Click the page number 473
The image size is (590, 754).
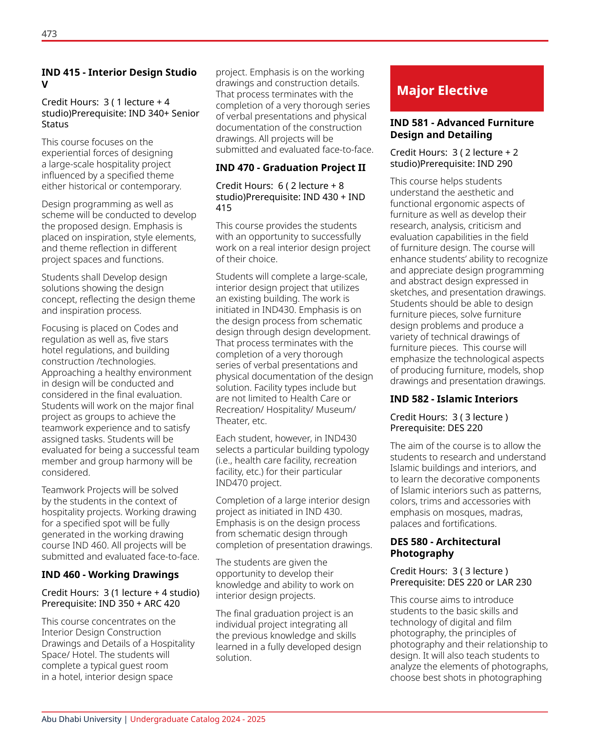pos(49,34)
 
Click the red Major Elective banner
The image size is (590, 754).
pos(466,89)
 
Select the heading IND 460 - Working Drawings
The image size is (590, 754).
pos(110,575)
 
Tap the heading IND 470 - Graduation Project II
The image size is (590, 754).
pos(290,168)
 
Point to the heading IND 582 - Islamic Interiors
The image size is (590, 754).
pos(454,399)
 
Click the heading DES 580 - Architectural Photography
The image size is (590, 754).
pos(445,548)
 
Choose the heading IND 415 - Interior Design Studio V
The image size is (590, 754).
pos(119,78)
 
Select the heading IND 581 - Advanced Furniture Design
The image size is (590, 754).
pos(461,129)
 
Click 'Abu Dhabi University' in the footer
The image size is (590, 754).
pos(82,719)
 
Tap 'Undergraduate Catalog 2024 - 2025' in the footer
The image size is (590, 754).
pos(198,719)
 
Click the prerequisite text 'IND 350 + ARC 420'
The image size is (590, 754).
pos(139,604)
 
